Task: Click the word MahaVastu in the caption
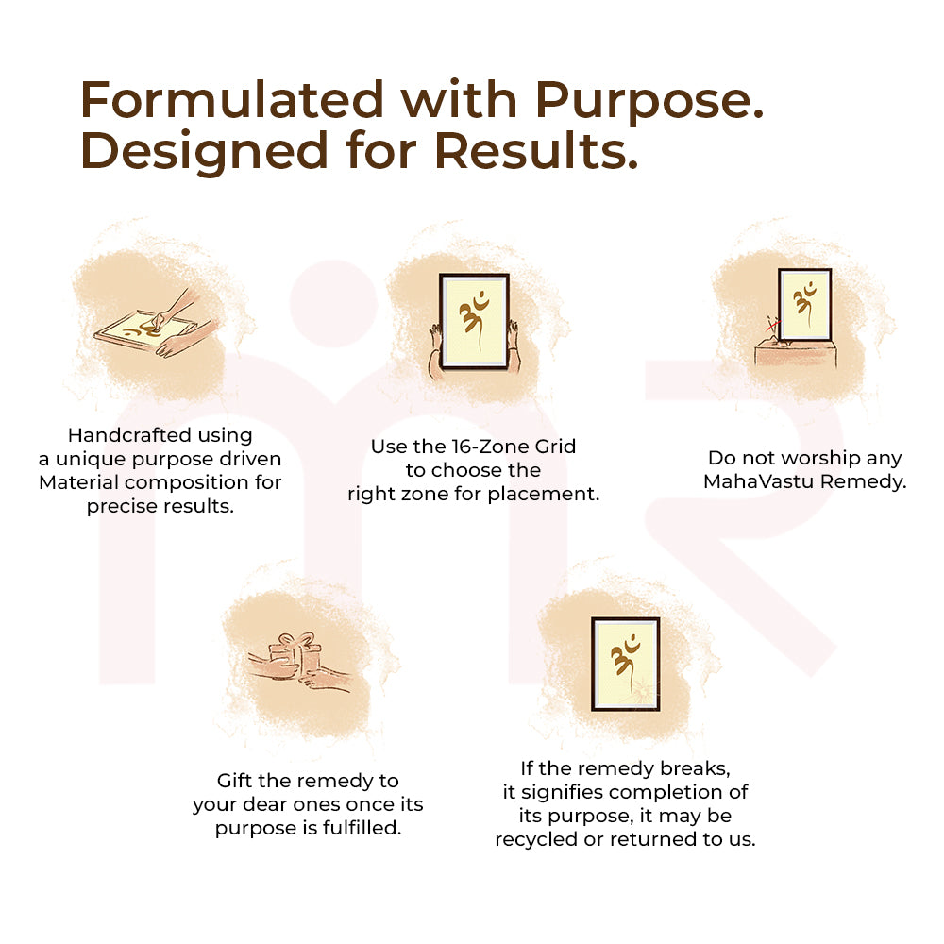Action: tap(757, 481)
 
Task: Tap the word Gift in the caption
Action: tap(236, 781)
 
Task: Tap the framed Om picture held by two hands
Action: tap(474, 321)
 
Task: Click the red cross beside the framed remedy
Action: tap(772, 326)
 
